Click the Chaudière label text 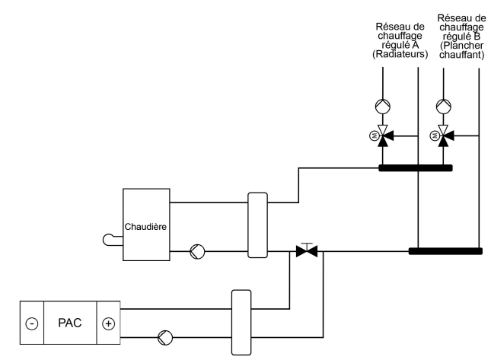pyautogui.click(x=147, y=227)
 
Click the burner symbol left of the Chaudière pyautogui.click(x=113, y=241)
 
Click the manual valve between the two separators pyautogui.click(x=307, y=250)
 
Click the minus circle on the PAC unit pyautogui.click(x=31, y=323)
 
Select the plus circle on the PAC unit pyautogui.click(x=108, y=323)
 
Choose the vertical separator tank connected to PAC pyautogui.click(x=241, y=322)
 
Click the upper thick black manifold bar pyautogui.click(x=416, y=168)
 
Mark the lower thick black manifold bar pyautogui.click(x=445, y=250)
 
